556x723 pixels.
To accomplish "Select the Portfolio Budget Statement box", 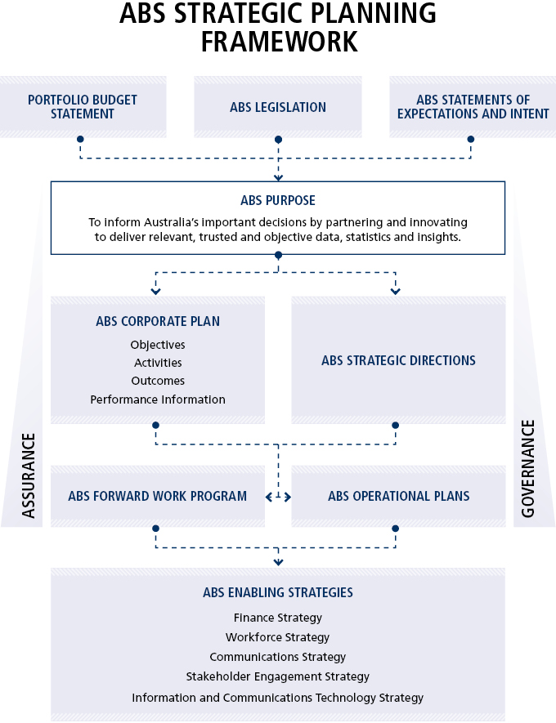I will tap(83, 106).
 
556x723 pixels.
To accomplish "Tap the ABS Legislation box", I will tap(278, 107).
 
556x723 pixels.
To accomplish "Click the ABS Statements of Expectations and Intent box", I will tap(473, 106).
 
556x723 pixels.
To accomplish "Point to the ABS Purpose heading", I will tap(278, 200).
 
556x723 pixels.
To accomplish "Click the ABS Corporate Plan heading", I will tap(158, 321).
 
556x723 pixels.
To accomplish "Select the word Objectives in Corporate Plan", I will tap(158, 345).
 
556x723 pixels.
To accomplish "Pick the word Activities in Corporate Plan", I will tap(158, 363).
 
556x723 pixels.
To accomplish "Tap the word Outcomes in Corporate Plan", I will tap(158, 381).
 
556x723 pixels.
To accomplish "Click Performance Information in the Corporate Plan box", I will tap(158, 399).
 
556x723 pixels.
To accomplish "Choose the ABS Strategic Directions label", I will tap(398, 360).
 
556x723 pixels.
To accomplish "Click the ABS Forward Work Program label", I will tap(158, 496).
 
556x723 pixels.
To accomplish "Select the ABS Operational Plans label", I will tap(398, 496).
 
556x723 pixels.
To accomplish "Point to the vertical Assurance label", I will tap(29, 475).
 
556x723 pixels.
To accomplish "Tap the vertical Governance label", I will tap(527, 469).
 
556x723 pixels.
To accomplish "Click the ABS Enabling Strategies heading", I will tap(278, 592).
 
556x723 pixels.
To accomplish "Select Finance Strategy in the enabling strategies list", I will tap(278, 618).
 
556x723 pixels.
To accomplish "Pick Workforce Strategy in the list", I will tap(278, 637).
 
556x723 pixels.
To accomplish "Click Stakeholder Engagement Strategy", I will tap(278, 676).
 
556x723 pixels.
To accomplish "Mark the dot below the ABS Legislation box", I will tap(278, 139).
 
